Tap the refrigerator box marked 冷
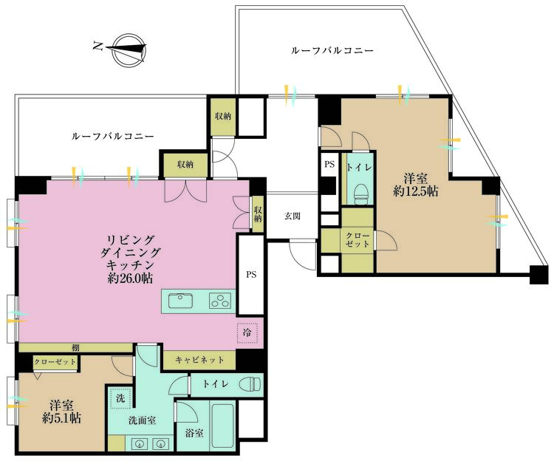(x=247, y=333)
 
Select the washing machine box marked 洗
(x=120, y=397)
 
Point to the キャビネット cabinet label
(x=199, y=361)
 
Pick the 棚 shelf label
(x=76, y=348)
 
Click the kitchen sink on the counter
(x=182, y=301)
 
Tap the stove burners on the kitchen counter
(x=219, y=301)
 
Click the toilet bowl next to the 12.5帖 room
(x=361, y=194)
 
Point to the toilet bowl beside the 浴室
(x=250, y=384)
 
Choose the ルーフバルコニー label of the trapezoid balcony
(x=332, y=51)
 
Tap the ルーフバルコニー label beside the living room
(x=113, y=137)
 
